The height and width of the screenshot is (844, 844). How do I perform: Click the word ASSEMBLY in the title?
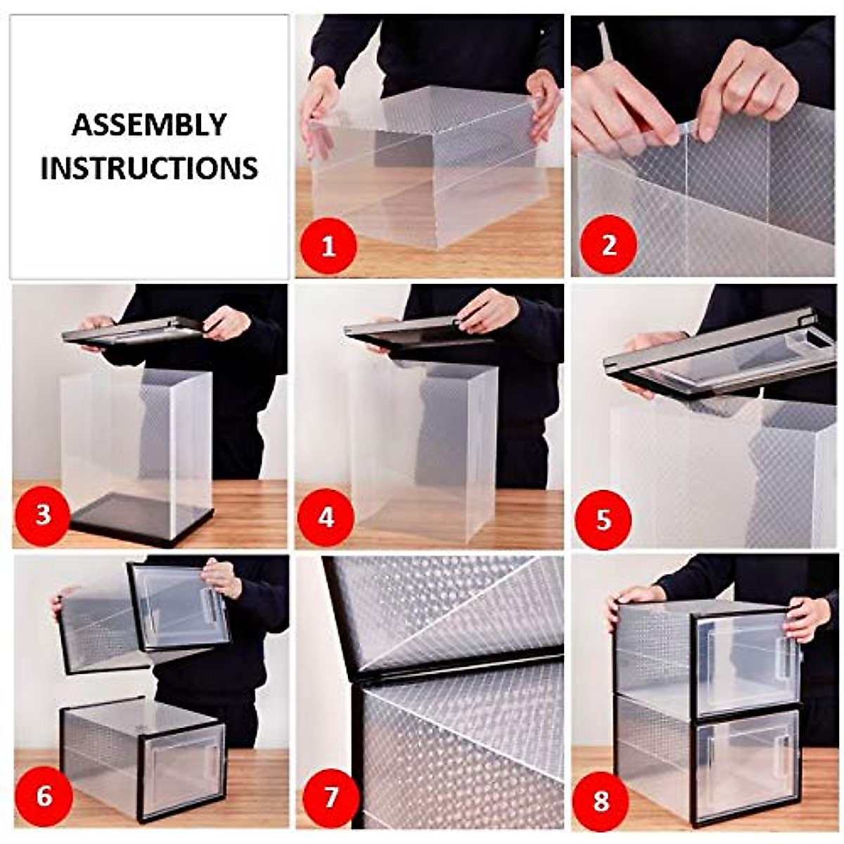[149, 125]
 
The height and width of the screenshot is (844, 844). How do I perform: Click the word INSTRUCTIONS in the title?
[149, 169]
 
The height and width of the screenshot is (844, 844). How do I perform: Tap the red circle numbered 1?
[328, 246]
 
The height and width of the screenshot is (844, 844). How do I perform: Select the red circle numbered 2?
[608, 245]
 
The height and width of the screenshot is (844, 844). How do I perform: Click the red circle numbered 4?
[326, 518]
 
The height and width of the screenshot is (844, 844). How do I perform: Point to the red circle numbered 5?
[603, 520]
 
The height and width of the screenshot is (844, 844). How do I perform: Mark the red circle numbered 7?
[330, 797]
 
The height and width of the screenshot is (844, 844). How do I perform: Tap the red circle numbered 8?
[601, 800]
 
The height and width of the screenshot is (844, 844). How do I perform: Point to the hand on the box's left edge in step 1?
[318, 105]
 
